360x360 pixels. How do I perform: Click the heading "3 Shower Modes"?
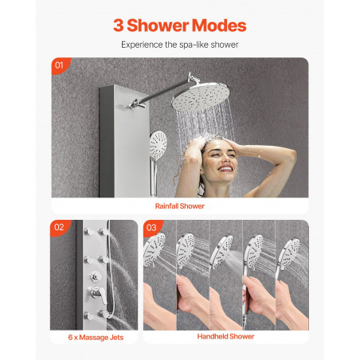180,25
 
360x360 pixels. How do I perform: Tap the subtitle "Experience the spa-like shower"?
180,45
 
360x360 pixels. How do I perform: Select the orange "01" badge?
60,65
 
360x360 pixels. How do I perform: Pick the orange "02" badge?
59,227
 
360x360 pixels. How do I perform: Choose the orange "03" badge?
152,228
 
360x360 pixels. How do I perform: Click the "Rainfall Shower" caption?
180,206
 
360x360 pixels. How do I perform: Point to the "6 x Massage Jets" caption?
96,338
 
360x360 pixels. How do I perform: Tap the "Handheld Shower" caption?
225,337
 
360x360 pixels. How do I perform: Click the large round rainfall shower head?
201,96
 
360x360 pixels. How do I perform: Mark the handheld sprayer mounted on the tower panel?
157,149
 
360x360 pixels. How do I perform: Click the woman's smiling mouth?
225,169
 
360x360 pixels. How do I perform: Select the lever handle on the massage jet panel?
99,294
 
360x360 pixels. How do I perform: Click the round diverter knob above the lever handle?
96,276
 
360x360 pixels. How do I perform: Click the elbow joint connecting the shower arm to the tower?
136,104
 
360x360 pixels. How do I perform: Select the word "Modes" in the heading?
219,25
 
